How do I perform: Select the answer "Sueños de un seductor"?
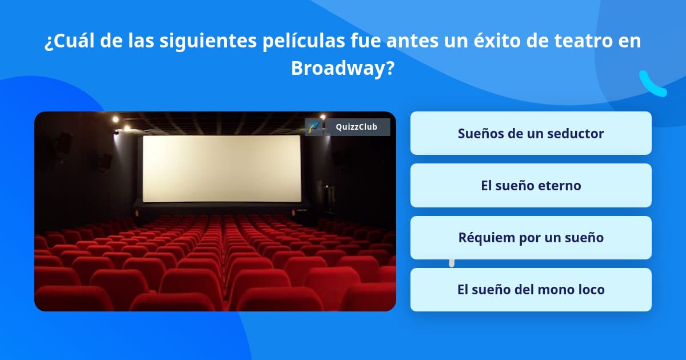[531, 133]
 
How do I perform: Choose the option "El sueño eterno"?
[531, 186]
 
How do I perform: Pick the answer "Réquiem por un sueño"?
[531, 238]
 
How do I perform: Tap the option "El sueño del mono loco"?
[531, 290]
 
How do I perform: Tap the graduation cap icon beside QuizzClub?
[313, 127]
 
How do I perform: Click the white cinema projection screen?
[221, 169]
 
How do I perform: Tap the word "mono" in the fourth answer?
[554, 290]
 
